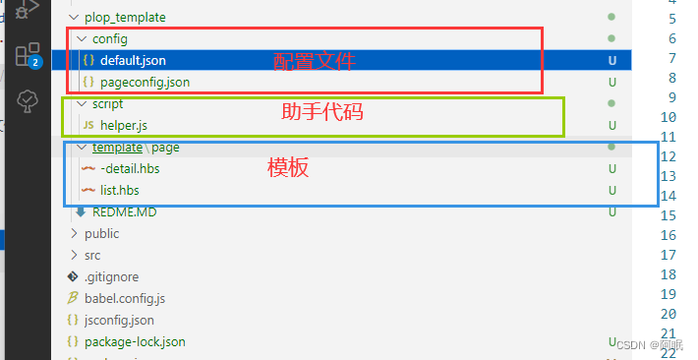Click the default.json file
[x=133, y=60]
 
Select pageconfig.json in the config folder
[x=145, y=82]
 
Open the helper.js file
[x=123, y=125]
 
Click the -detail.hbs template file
[x=130, y=168]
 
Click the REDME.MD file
[x=124, y=211]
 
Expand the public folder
[x=101, y=233]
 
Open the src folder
[x=92, y=255]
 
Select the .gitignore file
[x=111, y=276]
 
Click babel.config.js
[x=125, y=298]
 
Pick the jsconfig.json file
[x=119, y=320]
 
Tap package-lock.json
[x=135, y=341]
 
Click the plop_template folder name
[x=125, y=17]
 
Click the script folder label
[x=107, y=103]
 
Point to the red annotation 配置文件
[x=314, y=61]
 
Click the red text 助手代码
[x=322, y=112]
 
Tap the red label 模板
[x=288, y=167]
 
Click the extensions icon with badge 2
[x=28, y=54]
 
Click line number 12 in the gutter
[x=669, y=156]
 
